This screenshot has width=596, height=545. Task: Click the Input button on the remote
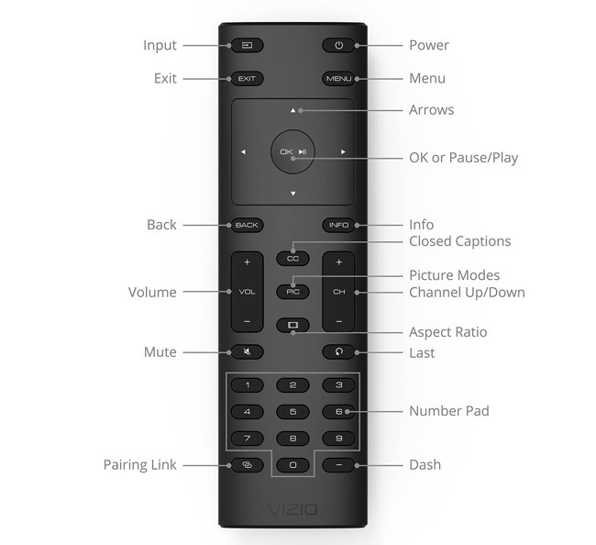point(247,45)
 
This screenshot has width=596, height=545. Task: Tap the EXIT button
point(247,79)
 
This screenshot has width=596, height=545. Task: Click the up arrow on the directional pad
point(293,111)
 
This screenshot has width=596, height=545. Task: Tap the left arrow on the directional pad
point(243,152)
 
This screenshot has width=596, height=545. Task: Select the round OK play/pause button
point(293,152)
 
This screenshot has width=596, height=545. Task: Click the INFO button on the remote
point(338,225)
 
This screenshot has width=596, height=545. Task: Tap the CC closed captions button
point(292,258)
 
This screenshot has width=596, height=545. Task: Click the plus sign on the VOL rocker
point(247,263)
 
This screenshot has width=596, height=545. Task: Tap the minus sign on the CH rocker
point(338,321)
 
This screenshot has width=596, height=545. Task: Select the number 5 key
point(292,412)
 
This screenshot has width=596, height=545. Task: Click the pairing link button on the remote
point(247,465)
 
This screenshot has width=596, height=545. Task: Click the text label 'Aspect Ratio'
point(447,332)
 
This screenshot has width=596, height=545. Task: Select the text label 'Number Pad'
point(448,411)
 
